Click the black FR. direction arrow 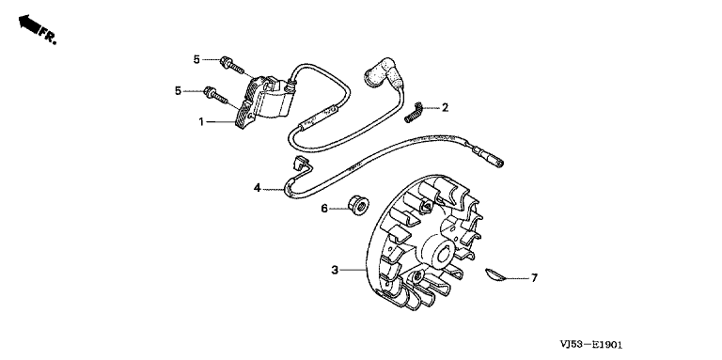pyautogui.click(x=28, y=23)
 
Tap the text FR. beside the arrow pyautogui.click(x=48, y=36)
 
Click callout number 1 pyautogui.click(x=201, y=122)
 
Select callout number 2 pyautogui.click(x=445, y=108)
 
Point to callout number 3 pyautogui.click(x=335, y=270)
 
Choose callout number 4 pyautogui.click(x=257, y=188)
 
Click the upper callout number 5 pyautogui.click(x=196, y=59)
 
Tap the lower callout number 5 pyautogui.click(x=179, y=91)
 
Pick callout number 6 pyautogui.click(x=324, y=209)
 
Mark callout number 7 pyautogui.click(x=534, y=278)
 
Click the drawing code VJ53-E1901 pyautogui.click(x=591, y=344)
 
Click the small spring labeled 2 pyautogui.click(x=413, y=112)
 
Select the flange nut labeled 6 pyautogui.click(x=359, y=204)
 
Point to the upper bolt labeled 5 pyautogui.click(x=231, y=66)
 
